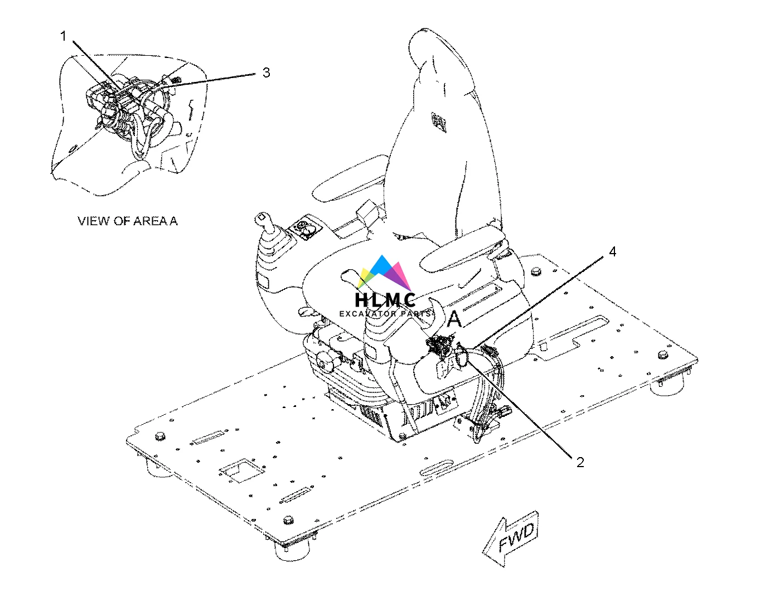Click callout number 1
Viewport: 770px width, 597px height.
tap(63, 37)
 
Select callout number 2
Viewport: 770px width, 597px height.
tap(580, 462)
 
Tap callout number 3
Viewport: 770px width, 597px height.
tap(266, 72)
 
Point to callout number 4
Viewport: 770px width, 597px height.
tap(612, 252)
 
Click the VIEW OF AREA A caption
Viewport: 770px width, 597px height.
tap(128, 221)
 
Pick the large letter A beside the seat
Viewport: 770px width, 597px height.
tap(455, 319)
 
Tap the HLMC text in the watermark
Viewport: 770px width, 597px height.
tap(385, 300)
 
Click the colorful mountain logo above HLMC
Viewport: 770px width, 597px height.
tap(385, 273)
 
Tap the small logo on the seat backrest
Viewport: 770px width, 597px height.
tap(439, 120)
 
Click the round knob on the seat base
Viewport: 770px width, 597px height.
tap(323, 361)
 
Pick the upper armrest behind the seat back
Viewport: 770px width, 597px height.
tap(346, 184)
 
